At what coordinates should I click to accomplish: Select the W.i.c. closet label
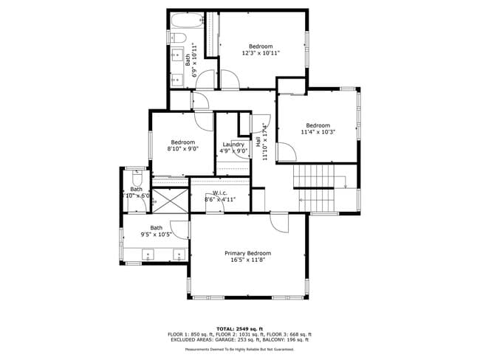click(x=220, y=193)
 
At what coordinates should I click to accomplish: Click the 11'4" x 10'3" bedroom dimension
click(x=318, y=132)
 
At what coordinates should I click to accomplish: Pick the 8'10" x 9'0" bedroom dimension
click(x=182, y=149)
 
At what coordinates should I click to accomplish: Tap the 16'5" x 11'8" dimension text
click(x=247, y=260)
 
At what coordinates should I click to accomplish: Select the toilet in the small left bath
click(x=137, y=180)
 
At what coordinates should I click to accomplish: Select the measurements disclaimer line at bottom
click(x=240, y=348)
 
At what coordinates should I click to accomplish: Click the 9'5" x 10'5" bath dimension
click(x=157, y=235)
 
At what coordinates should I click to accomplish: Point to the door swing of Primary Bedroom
click(x=278, y=221)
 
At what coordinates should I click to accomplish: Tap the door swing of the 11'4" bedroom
click(x=288, y=153)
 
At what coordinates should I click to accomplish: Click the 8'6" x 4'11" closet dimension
click(x=220, y=199)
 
